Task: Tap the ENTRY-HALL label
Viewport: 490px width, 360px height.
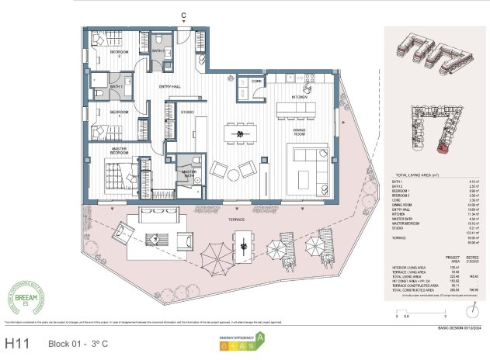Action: [170, 87]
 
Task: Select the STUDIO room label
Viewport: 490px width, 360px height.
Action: [187, 112]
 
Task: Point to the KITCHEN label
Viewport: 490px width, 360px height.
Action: [300, 98]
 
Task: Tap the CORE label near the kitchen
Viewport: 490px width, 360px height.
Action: [256, 81]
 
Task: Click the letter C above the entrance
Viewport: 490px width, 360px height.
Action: [183, 16]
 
